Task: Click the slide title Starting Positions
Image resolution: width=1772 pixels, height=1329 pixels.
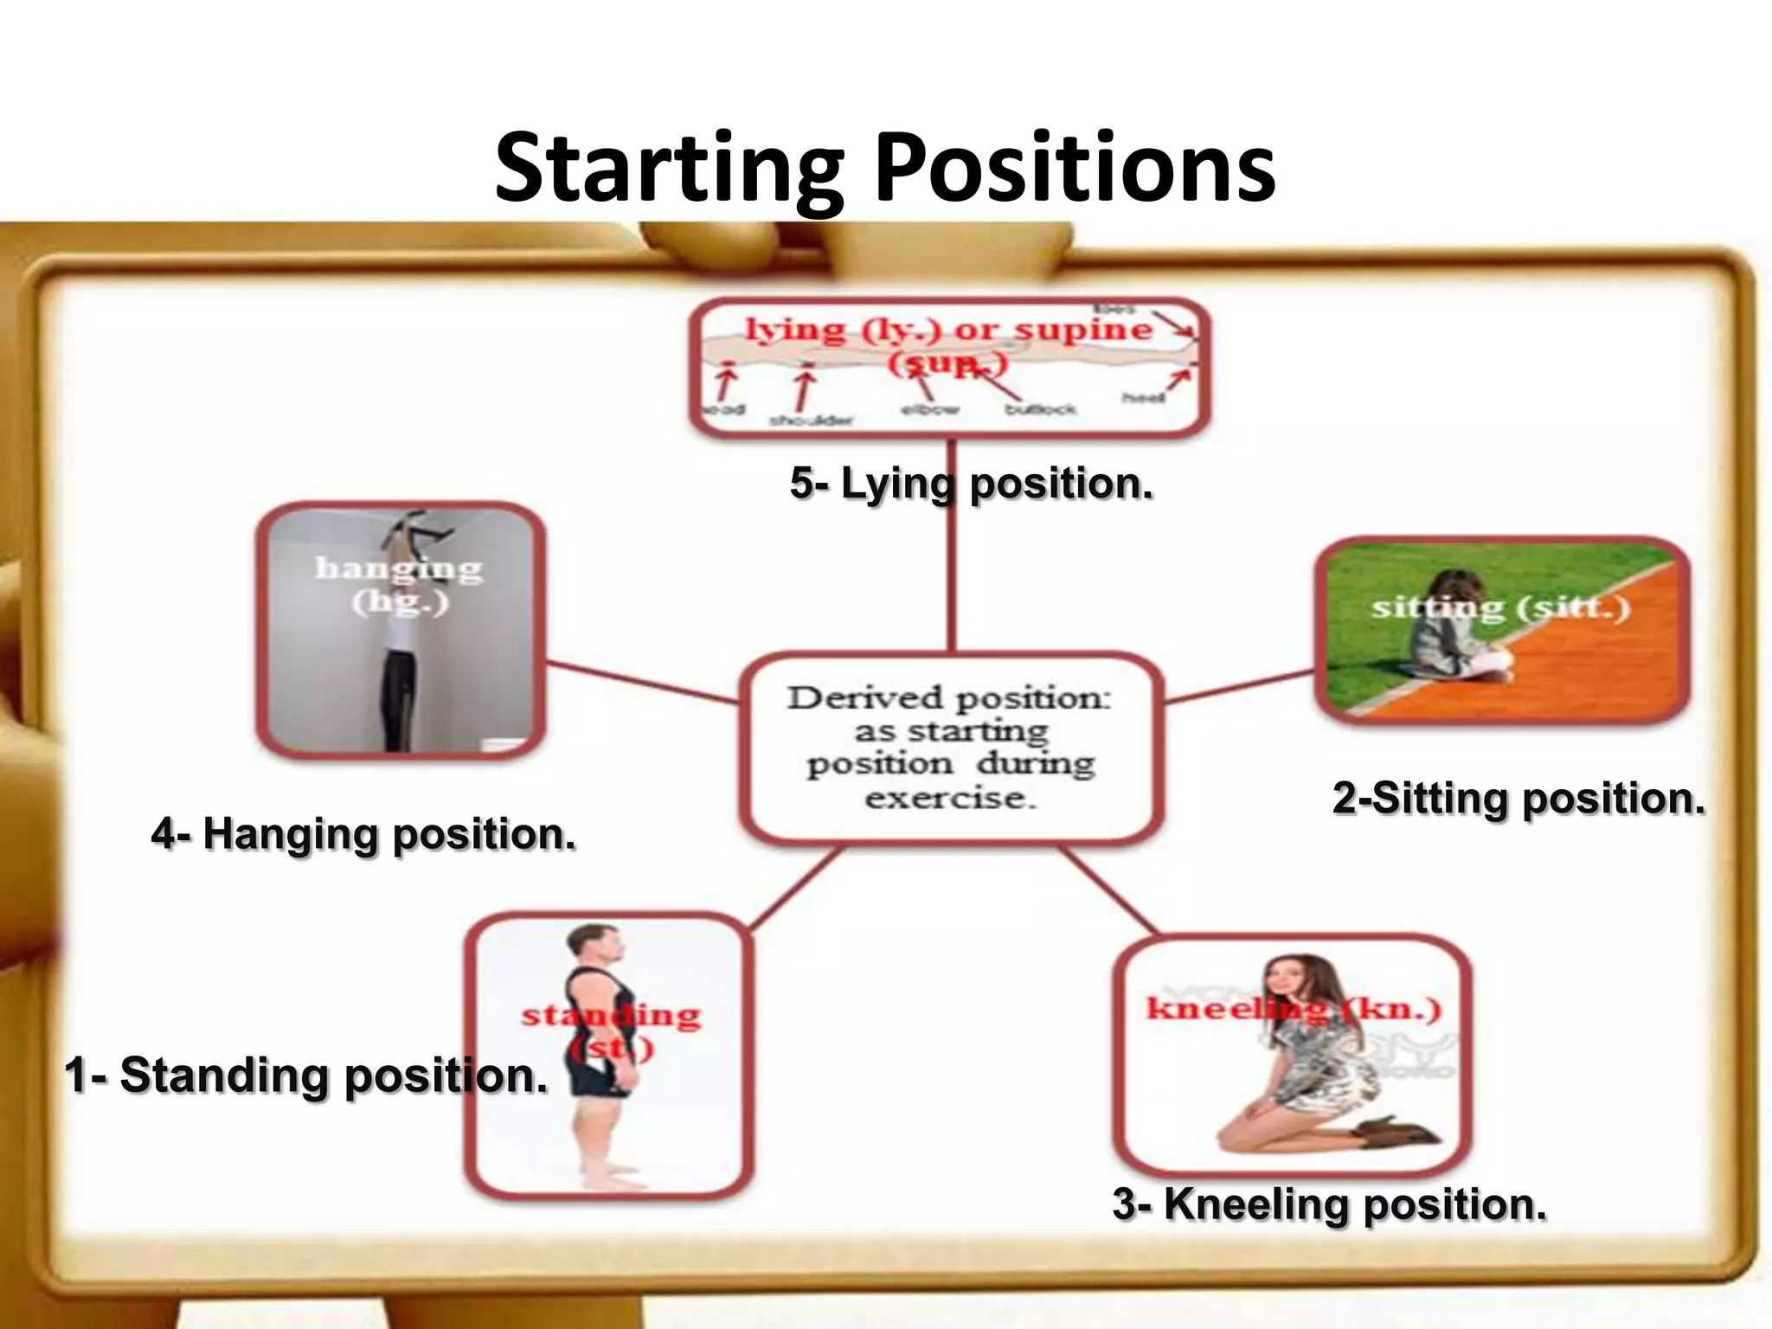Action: coord(884,167)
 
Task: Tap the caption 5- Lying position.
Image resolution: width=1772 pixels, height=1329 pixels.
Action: coord(971,483)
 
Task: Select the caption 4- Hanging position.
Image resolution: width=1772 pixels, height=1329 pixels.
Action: coord(363,835)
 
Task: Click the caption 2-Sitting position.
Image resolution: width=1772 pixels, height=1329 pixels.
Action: coord(1518,798)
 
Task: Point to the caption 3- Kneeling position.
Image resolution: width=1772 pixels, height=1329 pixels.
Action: coord(1329,1204)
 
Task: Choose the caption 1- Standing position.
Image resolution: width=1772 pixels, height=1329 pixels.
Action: coord(306,1075)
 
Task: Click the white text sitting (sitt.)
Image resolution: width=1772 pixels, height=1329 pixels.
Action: coord(1500,607)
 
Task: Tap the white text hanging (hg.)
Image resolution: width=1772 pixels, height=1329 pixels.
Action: coord(399,584)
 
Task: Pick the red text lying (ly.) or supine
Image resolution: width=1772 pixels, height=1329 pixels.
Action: coord(948,331)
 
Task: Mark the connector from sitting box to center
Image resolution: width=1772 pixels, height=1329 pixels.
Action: coord(1239,688)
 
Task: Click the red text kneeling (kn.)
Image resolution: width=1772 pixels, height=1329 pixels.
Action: coord(1293,1009)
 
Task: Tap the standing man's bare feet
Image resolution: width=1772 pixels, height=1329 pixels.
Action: coord(611,1177)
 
